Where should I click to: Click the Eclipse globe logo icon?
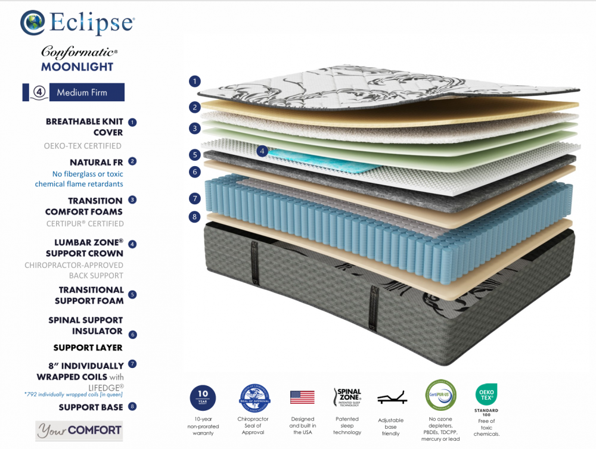pyautogui.click(x=32, y=23)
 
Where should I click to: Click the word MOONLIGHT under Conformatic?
pyautogui.click(x=77, y=67)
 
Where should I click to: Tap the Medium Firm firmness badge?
pyautogui.click(x=73, y=92)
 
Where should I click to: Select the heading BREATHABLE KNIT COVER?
pyautogui.click(x=85, y=127)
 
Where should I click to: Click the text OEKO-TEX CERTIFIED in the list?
pyautogui.click(x=83, y=146)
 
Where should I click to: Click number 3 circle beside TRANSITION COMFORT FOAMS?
pyautogui.click(x=132, y=200)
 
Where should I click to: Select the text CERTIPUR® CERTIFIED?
pyautogui.click(x=85, y=224)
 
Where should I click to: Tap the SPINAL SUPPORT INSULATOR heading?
pyautogui.click(x=86, y=325)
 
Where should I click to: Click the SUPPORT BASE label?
pyautogui.click(x=91, y=407)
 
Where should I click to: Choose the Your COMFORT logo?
pyautogui.click(x=79, y=430)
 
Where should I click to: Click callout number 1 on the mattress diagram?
pyautogui.click(x=194, y=81)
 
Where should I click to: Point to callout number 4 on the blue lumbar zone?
pyautogui.click(x=262, y=151)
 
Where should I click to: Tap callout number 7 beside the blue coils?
pyautogui.click(x=194, y=198)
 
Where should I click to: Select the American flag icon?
pyautogui.click(x=302, y=397)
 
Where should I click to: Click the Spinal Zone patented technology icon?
pyautogui.click(x=347, y=397)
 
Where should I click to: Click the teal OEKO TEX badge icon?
pyautogui.click(x=486, y=395)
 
